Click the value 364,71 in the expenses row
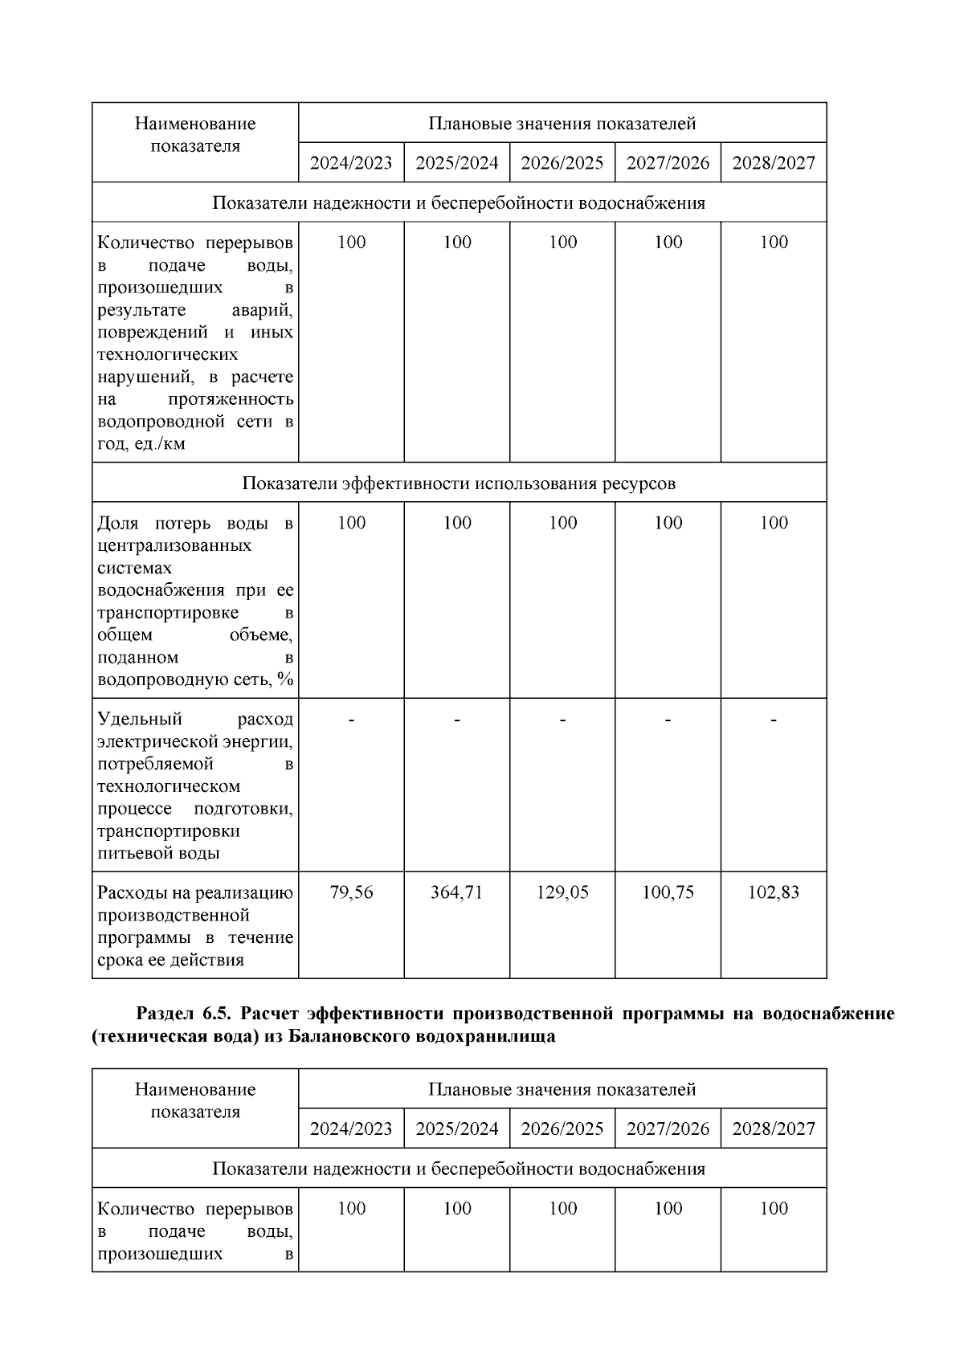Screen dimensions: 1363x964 [456, 892]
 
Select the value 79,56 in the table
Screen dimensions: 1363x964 [351, 892]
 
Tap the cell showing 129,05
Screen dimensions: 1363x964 [562, 892]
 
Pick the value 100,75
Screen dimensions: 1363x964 [668, 892]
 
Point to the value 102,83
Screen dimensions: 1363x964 [773, 892]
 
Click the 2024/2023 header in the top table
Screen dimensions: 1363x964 [351, 163]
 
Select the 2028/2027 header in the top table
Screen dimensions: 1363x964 [773, 163]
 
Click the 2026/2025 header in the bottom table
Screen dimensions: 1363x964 [562, 1128]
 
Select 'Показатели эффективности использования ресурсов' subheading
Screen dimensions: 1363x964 [459, 484]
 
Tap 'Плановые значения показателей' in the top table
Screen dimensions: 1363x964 [562, 124]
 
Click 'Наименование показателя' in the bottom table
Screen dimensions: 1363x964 [195, 1100]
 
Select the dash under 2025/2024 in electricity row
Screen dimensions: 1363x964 [456, 720]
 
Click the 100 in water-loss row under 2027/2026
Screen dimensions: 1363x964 [668, 523]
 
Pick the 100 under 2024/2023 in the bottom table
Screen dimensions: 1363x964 [351, 1209]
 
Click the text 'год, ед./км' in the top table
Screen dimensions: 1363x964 [141, 444]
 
